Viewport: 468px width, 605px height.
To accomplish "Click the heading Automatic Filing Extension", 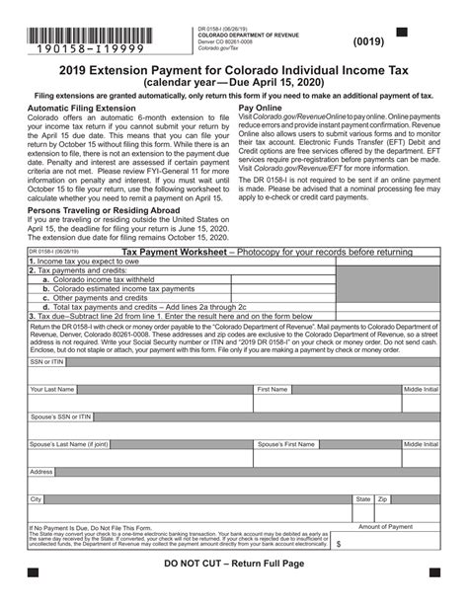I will (81, 108).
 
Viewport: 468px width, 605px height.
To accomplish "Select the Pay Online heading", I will (262, 108).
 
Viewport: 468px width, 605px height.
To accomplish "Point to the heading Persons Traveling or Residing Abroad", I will (104, 210).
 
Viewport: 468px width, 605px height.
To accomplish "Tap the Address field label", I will (41, 472).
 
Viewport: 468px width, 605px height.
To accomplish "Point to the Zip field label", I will (383, 499).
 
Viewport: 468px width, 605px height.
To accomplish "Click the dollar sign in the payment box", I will (340, 543).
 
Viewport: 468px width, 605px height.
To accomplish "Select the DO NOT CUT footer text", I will (233, 564).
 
